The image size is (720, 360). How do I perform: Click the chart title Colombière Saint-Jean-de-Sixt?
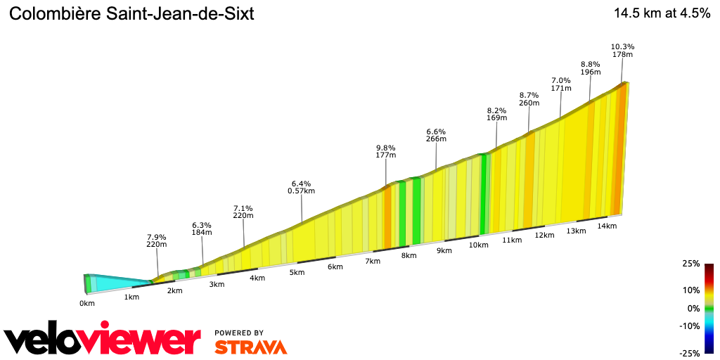coord(131,13)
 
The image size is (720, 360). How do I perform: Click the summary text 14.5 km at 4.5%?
coord(662,13)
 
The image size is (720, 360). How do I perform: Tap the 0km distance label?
coord(87,304)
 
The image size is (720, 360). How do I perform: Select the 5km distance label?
coord(297,272)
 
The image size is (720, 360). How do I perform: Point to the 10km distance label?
coord(478,245)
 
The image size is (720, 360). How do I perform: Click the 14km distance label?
coord(607,226)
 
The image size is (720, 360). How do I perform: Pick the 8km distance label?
coord(409,255)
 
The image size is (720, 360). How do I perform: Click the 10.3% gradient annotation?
coord(622,46)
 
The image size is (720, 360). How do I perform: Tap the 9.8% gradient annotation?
coord(386,147)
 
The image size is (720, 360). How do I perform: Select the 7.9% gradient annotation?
coord(156,236)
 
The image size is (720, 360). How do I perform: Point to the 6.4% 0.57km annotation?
coord(301,186)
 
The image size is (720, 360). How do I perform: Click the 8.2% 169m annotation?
coord(496,114)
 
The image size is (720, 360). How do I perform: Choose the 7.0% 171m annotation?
coord(560,84)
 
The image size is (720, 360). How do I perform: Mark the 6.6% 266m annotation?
coord(436,135)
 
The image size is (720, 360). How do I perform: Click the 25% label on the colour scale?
coord(690,264)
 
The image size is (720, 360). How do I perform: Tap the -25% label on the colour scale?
coord(689,353)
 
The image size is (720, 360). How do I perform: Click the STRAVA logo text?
coord(250,347)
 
